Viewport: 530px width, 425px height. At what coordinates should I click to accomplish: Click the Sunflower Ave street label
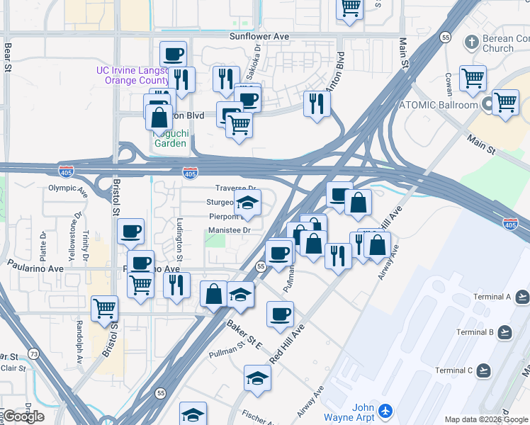coord(260,35)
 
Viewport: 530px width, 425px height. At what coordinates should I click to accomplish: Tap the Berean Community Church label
coord(507,42)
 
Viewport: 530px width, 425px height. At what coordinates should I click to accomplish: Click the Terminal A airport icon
coord(522,297)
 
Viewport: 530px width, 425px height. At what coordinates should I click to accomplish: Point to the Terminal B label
coord(475,332)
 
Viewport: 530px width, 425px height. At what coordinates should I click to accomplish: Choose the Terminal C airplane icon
coord(485,370)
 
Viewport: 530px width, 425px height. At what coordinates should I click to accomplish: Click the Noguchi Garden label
coord(171,138)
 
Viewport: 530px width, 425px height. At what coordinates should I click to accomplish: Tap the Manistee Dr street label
coord(230,230)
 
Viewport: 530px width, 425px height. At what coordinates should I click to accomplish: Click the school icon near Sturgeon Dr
coord(247,203)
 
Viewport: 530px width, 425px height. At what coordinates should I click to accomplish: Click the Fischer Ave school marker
coord(257,379)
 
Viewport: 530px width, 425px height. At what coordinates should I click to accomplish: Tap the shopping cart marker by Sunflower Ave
coord(349,8)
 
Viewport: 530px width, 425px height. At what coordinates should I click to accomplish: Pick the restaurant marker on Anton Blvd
coord(316,103)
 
